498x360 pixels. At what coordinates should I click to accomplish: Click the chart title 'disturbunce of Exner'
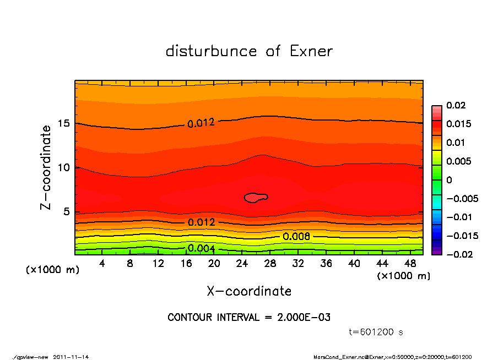(249, 51)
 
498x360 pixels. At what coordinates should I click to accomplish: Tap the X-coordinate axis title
(249, 291)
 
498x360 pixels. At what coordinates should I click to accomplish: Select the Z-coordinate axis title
(46, 167)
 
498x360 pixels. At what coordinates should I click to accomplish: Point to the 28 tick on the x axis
(270, 264)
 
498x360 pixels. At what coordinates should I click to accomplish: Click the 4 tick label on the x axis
(102, 264)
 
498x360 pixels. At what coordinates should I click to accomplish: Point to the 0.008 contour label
(296, 236)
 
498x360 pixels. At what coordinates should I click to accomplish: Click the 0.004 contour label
(201, 248)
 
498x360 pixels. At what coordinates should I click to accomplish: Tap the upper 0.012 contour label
(201, 123)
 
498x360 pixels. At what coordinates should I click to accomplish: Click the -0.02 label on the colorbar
(457, 254)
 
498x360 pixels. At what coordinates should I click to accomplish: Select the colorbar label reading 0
(449, 179)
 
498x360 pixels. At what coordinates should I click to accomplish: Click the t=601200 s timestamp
(377, 332)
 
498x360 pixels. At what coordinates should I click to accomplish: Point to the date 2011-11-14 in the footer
(71, 357)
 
